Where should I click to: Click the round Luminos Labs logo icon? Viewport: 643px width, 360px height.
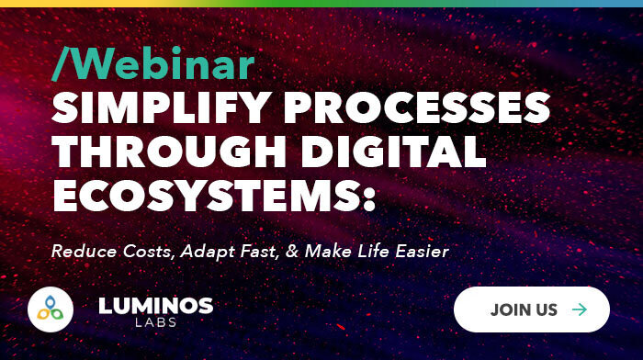click(x=51, y=310)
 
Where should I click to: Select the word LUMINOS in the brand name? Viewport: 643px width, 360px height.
click(x=155, y=304)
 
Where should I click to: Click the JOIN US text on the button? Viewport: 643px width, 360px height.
click(x=524, y=309)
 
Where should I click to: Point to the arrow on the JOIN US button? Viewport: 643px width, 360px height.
click(x=579, y=309)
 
